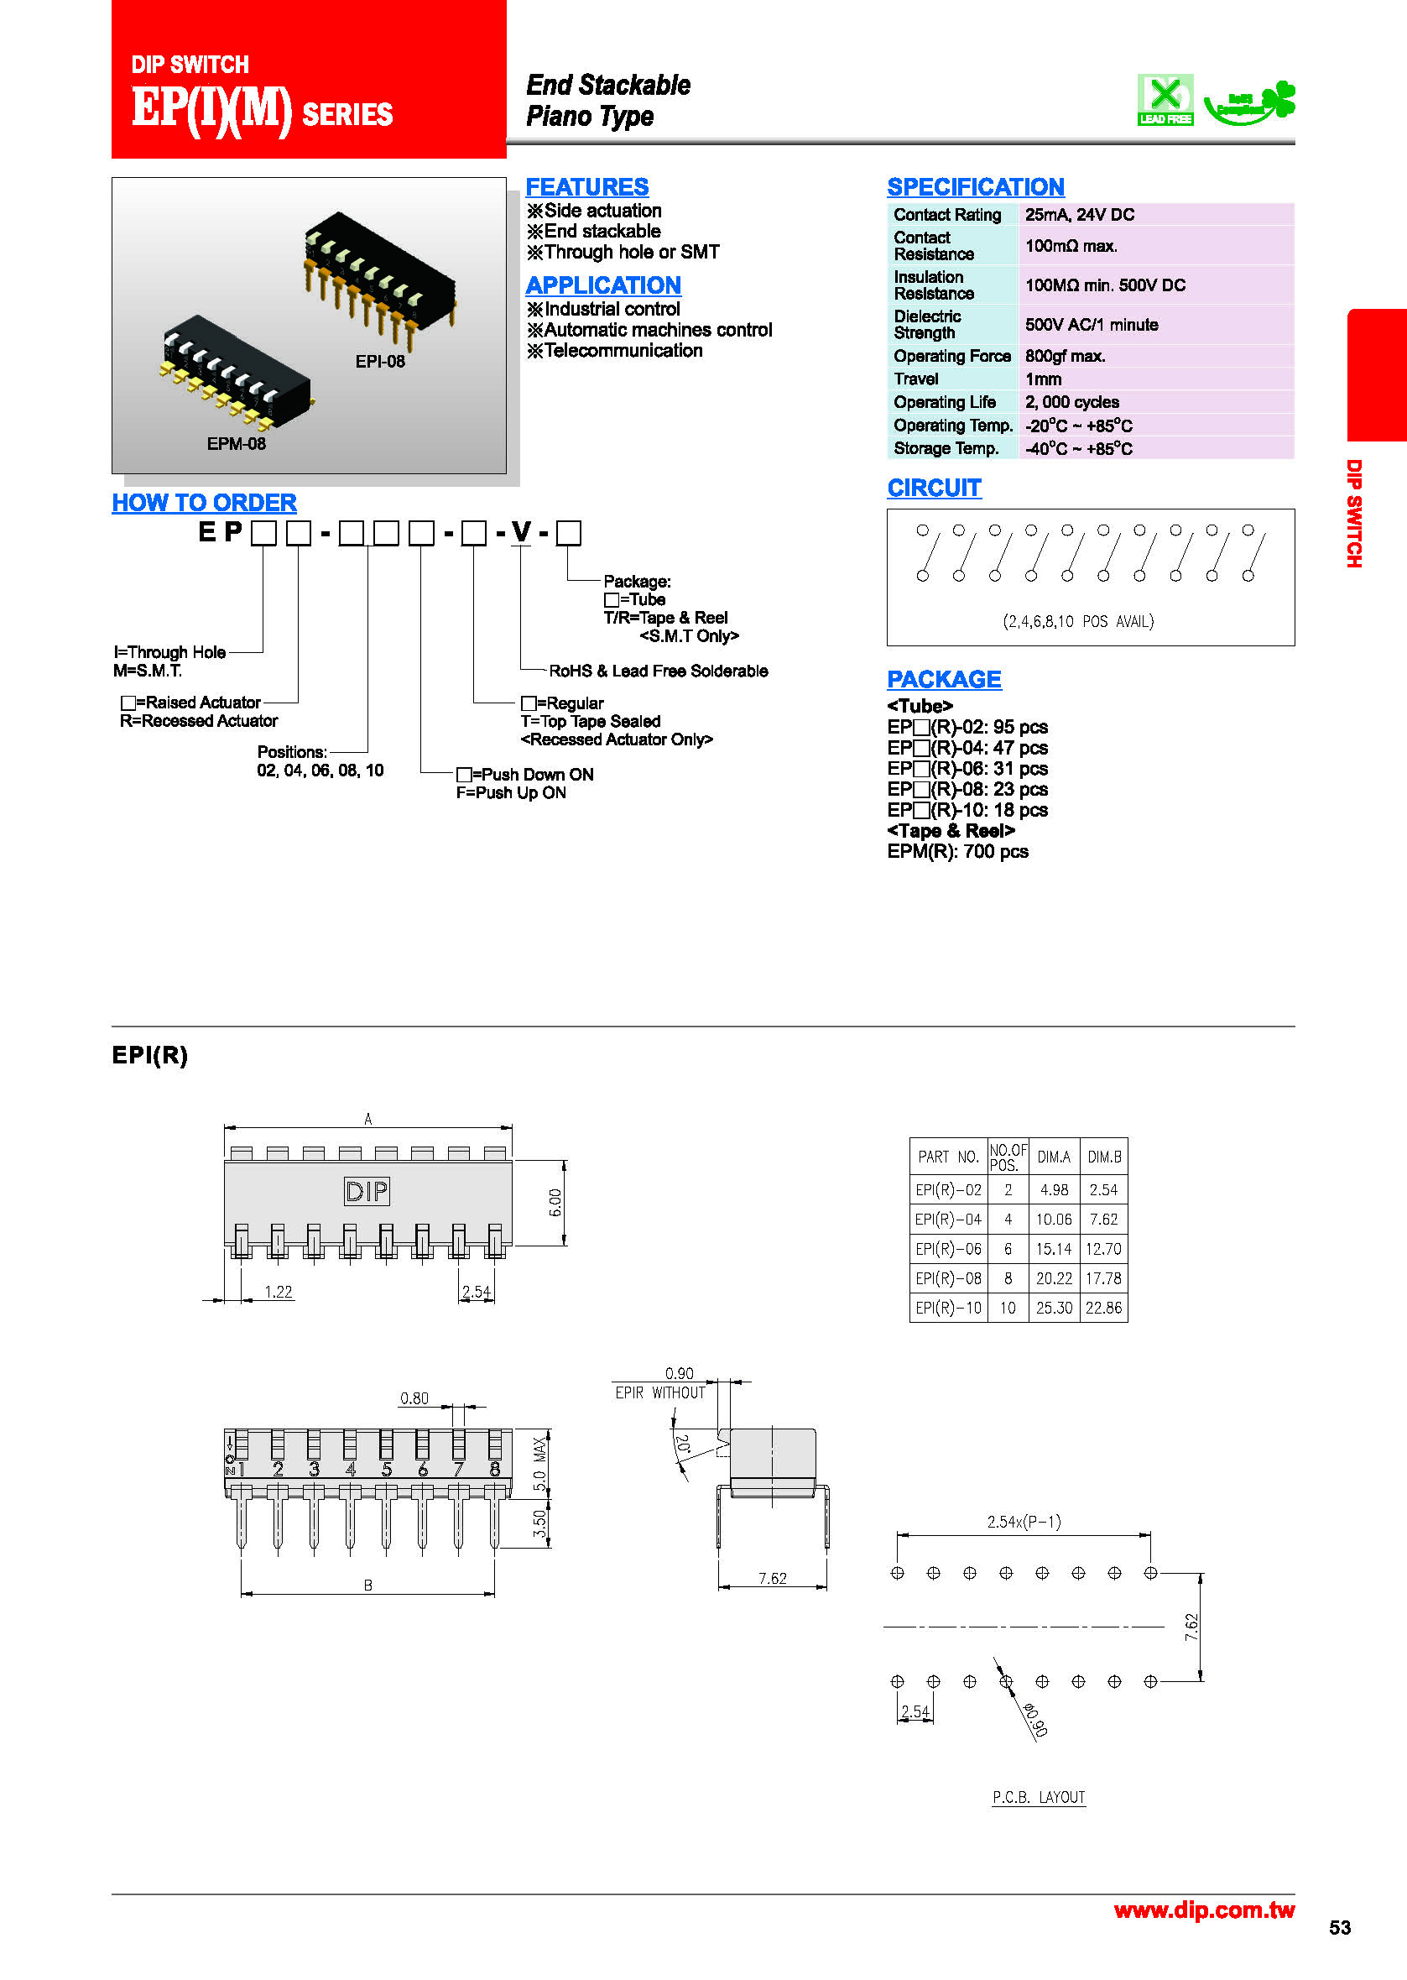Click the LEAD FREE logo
[x=1165, y=100]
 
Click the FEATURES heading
[x=586, y=187]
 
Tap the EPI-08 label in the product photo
[x=379, y=362]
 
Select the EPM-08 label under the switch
[x=236, y=444]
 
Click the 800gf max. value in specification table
[x=1065, y=356]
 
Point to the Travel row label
[x=915, y=379]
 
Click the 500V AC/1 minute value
[x=1091, y=325]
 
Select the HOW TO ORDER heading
[x=205, y=503]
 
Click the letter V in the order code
[x=521, y=531]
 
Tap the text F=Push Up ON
[x=511, y=793]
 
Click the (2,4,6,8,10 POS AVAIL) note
[x=1078, y=621]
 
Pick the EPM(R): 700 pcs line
[x=957, y=852]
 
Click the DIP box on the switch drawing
[x=367, y=1192]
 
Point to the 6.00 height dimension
[x=555, y=1202]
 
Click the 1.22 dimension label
[x=278, y=1292]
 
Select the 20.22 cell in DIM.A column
[x=1054, y=1278]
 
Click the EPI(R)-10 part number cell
[x=948, y=1308]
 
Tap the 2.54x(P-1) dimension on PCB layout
[x=1024, y=1522]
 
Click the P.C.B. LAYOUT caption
[x=1038, y=1797]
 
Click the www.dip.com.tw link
[x=1203, y=1909]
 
